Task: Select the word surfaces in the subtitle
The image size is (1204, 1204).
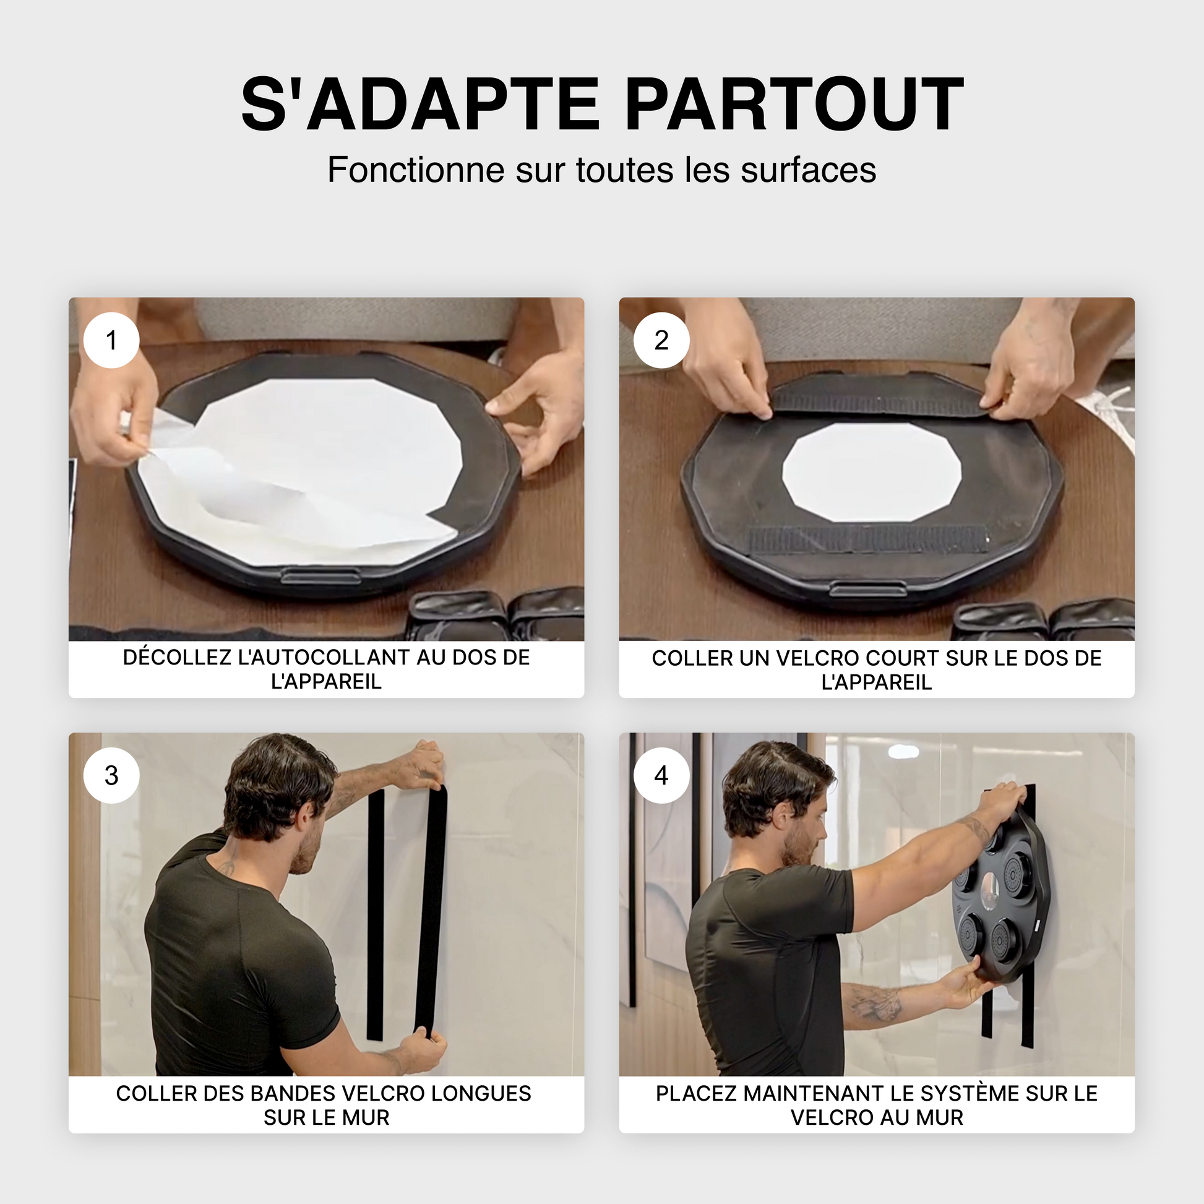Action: (808, 170)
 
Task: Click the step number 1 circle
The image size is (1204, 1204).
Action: (111, 340)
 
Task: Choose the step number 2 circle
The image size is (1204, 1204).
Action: (661, 340)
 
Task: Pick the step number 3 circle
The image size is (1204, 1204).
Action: (111, 775)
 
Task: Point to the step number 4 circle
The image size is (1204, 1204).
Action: (661, 775)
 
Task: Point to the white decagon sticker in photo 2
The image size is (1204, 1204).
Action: (871, 471)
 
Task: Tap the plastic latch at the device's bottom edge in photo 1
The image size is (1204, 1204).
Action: (321, 576)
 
